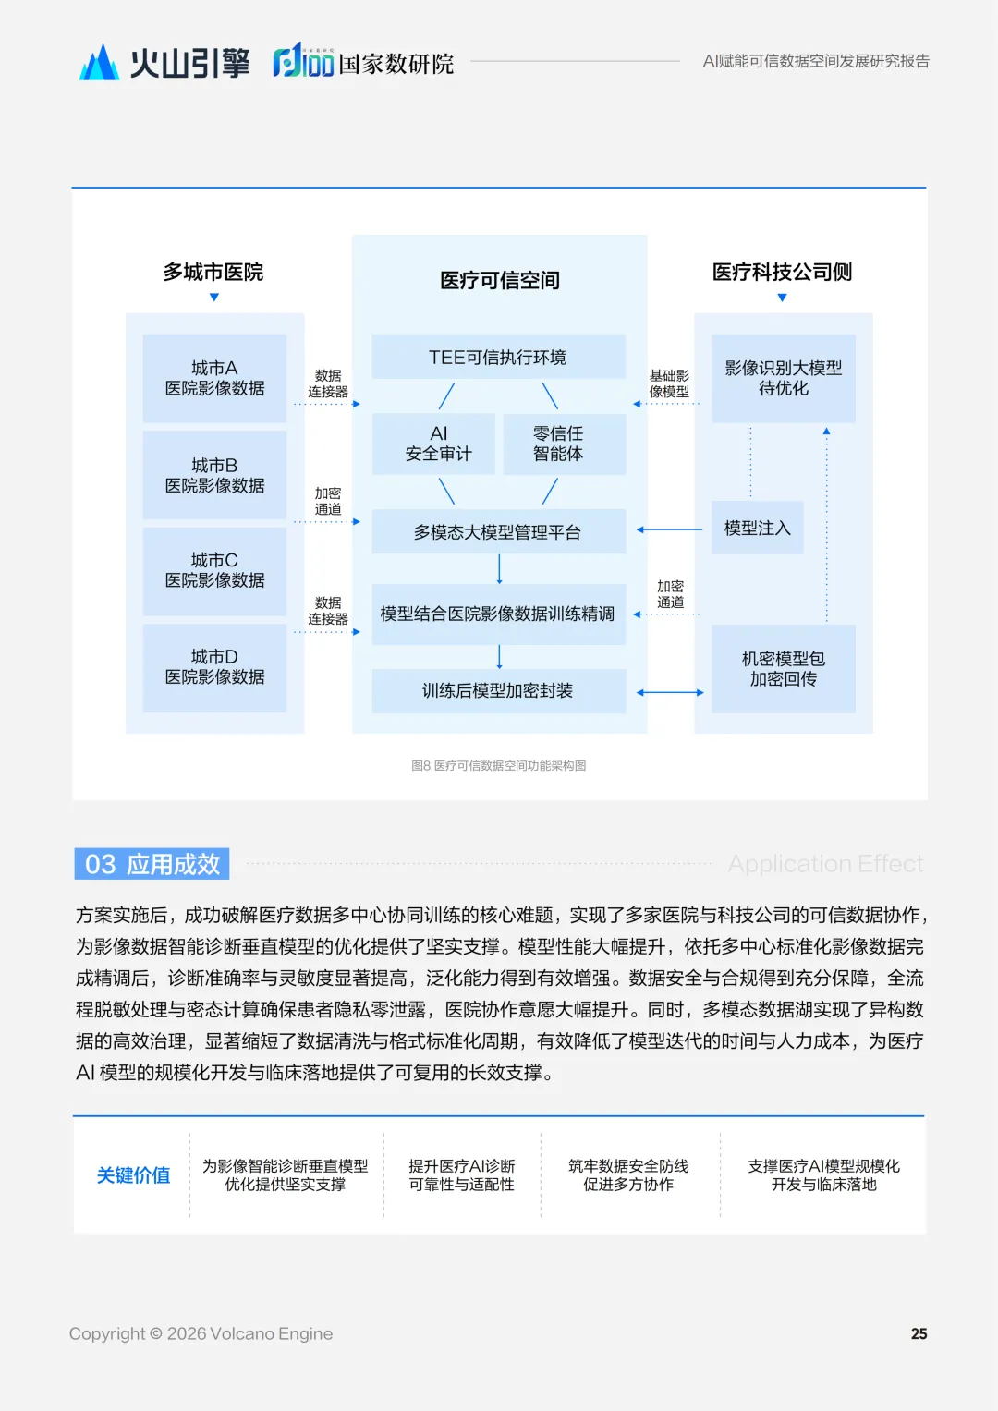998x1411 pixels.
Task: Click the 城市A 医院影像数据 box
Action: [214, 378]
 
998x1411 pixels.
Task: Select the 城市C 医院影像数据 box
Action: [214, 570]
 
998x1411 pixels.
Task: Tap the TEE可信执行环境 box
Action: [498, 357]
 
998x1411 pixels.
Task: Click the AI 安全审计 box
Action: [438, 444]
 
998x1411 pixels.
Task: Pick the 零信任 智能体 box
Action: [558, 444]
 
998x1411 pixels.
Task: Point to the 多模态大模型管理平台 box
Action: [498, 532]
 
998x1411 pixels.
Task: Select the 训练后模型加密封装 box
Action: [498, 690]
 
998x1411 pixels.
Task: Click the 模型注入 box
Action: [757, 528]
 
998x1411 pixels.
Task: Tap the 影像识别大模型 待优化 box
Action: [783, 378]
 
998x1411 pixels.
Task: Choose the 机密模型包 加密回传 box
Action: [783, 668]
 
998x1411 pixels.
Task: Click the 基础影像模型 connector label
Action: [669, 383]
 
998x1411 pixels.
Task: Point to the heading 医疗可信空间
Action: [499, 280]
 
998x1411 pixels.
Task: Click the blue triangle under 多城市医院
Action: [214, 298]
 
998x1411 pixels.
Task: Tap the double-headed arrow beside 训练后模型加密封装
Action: [670, 692]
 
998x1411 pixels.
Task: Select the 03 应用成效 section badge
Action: [152, 864]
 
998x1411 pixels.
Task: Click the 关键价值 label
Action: [133, 1174]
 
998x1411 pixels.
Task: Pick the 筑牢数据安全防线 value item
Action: [628, 1174]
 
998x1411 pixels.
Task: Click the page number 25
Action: [919, 1333]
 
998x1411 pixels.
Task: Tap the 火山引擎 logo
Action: [164, 63]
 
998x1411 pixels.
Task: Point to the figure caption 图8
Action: [499, 765]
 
